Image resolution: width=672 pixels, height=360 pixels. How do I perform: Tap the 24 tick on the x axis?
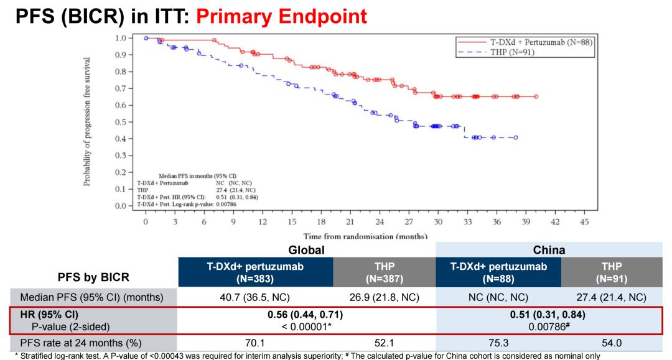(x=379, y=221)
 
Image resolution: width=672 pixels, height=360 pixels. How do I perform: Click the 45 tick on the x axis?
(x=583, y=221)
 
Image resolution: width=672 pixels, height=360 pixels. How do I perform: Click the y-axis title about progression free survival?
(x=88, y=122)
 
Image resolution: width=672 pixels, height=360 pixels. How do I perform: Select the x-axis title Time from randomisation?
(x=365, y=236)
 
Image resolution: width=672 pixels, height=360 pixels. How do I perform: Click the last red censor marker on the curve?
(x=536, y=96)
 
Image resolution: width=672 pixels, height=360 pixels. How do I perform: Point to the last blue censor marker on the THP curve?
(x=515, y=137)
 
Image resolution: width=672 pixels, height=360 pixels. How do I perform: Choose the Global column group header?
(x=307, y=250)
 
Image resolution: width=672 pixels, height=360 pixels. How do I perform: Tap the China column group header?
(x=549, y=250)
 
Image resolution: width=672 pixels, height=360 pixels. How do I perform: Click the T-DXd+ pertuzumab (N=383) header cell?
(x=256, y=272)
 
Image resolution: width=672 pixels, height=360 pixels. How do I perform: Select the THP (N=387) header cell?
(x=384, y=272)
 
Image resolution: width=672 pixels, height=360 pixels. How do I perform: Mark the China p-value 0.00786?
(x=549, y=326)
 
